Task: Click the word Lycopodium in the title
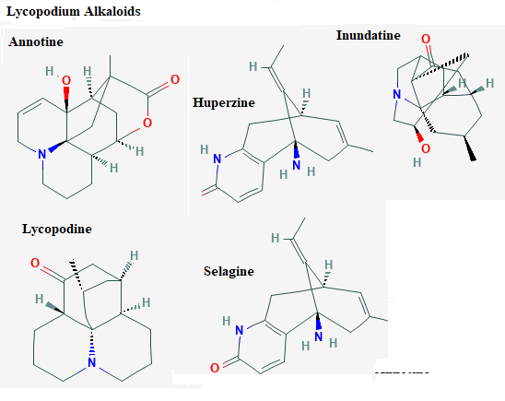point(43,12)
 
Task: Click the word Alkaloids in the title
point(112,11)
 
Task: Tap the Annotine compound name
point(36,41)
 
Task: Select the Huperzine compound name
point(224,103)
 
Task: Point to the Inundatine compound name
point(368,35)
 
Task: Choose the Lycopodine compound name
point(57,230)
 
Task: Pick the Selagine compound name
point(229,272)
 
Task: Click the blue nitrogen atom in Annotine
point(42,154)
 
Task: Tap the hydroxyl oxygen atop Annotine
point(66,80)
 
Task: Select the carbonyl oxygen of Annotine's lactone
point(175,79)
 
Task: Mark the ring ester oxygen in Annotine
point(147,123)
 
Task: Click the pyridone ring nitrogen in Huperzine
point(217,159)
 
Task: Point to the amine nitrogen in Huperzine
point(297,165)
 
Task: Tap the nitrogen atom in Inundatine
point(397,94)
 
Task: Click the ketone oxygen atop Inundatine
point(426,40)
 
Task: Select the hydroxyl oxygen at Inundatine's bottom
point(426,148)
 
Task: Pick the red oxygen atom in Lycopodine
point(35,263)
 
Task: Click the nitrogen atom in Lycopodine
point(92,362)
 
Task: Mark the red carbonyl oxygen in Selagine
point(215,368)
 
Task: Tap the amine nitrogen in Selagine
point(319,336)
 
